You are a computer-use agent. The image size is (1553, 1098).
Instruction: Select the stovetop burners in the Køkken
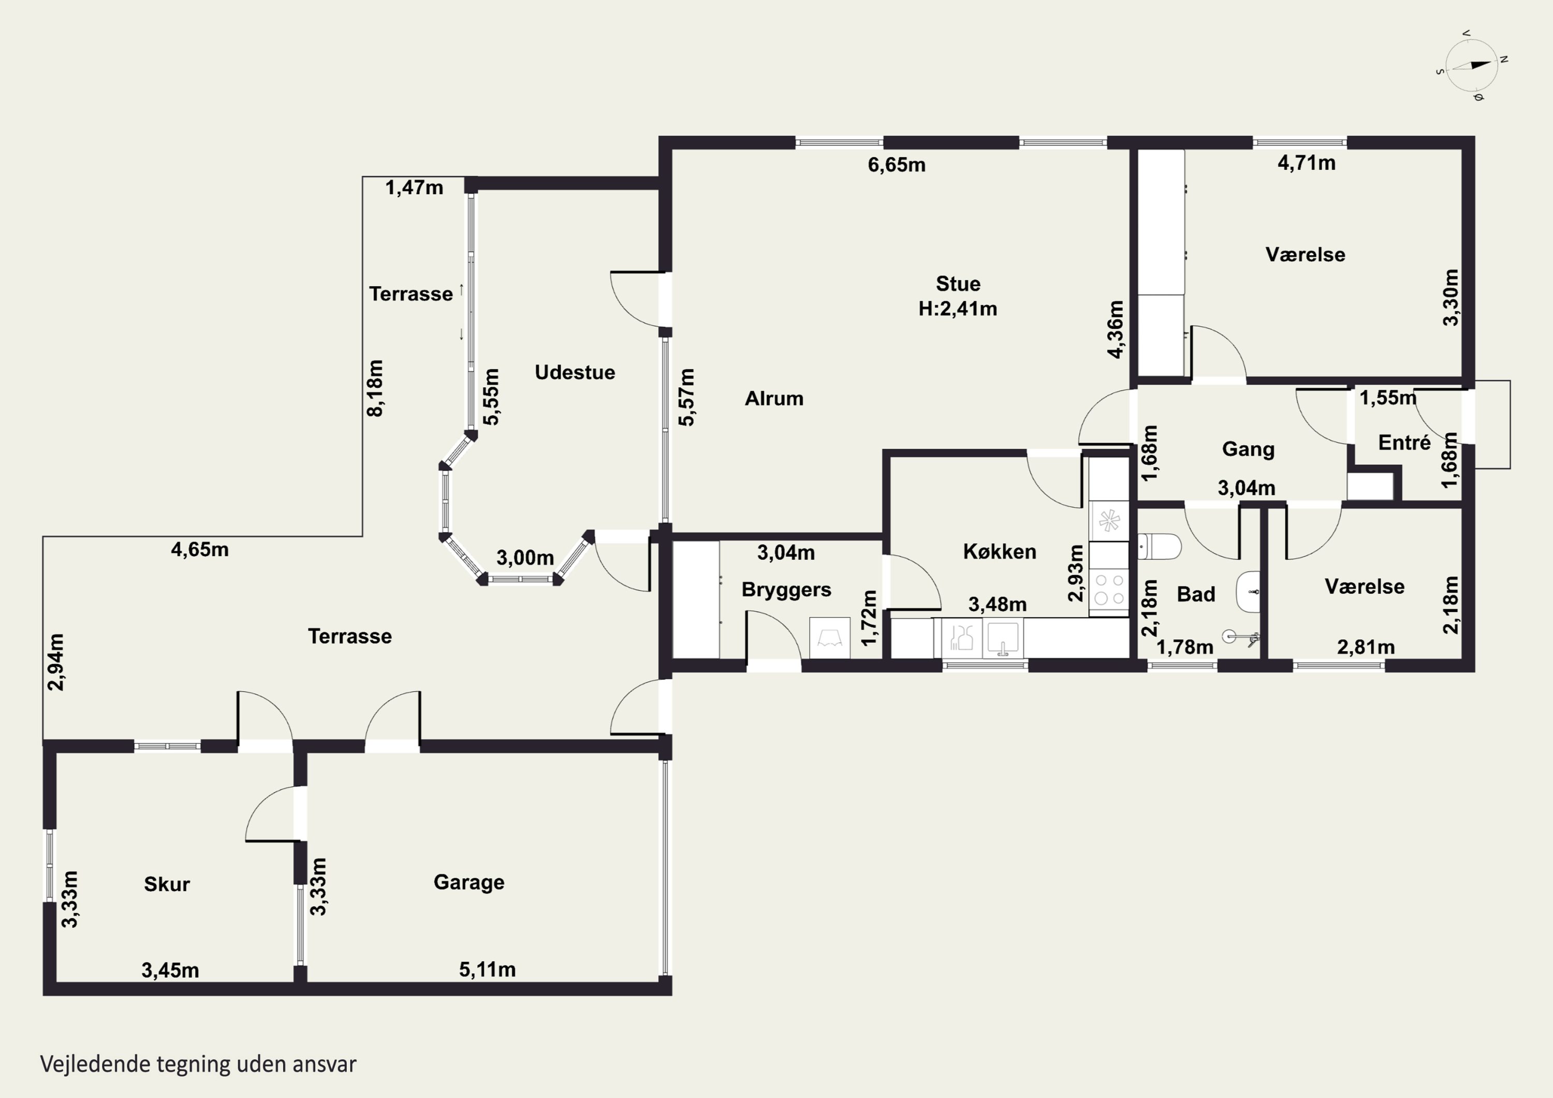click(1109, 589)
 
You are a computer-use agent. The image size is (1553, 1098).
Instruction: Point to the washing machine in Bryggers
click(830, 638)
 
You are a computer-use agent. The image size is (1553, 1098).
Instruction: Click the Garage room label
click(468, 883)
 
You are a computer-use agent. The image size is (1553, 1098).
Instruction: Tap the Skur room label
click(167, 884)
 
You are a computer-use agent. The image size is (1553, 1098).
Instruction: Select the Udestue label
click(575, 372)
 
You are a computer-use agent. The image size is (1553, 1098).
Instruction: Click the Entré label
click(1404, 443)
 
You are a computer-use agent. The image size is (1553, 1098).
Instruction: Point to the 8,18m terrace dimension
click(375, 388)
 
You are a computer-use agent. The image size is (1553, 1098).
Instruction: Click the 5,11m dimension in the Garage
click(488, 970)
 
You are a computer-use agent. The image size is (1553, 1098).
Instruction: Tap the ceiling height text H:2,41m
click(958, 309)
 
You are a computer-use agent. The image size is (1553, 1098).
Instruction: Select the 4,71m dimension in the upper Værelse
click(1307, 163)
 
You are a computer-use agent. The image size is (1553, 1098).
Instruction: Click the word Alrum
click(774, 399)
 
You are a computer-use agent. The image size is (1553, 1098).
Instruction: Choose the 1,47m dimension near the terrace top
click(415, 187)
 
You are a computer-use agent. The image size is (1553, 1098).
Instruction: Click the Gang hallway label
click(1249, 449)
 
